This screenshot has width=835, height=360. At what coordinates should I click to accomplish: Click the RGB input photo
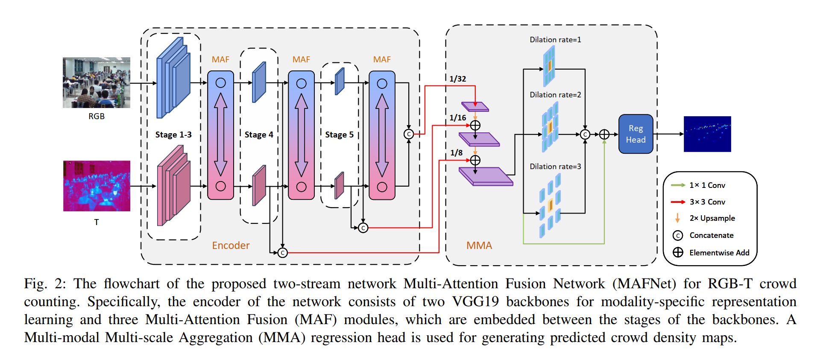[x=97, y=82]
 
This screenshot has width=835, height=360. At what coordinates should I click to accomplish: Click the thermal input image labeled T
[x=97, y=186]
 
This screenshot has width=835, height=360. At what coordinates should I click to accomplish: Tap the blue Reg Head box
[x=636, y=134]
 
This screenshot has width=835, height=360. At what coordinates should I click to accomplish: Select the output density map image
[x=707, y=134]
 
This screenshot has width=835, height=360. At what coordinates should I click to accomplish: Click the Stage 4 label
[x=259, y=135]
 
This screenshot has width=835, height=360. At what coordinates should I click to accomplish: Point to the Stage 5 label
[x=340, y=135]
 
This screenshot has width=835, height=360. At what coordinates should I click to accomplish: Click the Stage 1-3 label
[x=173, y=135]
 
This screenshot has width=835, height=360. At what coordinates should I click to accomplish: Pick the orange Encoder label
[x=231, y=246]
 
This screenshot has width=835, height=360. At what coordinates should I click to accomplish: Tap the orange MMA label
[x=479, y=246]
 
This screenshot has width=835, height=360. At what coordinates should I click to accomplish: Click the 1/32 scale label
[x=458, y=79]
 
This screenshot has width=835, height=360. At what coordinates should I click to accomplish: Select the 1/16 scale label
[x=458, y=118]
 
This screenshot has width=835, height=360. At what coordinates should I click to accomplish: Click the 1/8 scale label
[x=457, y=153]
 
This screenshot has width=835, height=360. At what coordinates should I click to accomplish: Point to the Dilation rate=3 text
[x=555, y=167]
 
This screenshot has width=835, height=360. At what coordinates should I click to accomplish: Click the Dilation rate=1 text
[x=555, y=40]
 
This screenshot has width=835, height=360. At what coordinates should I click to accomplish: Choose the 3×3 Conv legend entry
[x=707, y=202]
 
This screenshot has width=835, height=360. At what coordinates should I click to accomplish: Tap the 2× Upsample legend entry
[x=712, y=218]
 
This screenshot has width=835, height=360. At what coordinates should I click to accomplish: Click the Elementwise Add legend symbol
[x=678, y=252]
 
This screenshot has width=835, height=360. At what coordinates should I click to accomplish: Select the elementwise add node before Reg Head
[x=604, y=135]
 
